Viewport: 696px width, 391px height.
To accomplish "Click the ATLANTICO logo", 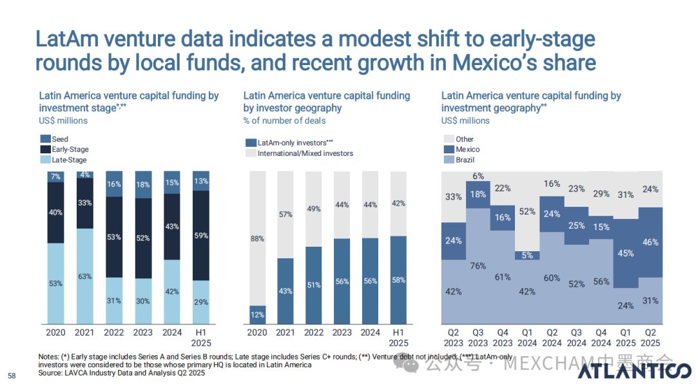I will click(x=634, y=373).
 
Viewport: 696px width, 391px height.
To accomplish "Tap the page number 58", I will click(x=11, y=376).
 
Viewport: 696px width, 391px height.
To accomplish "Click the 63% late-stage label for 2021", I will click(x=84, y=276).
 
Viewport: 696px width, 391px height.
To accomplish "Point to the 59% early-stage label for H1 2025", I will click(x=201, y=236).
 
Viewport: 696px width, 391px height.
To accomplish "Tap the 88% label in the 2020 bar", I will click(x=258, y=239).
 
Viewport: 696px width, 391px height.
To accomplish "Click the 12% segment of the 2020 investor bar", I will click(x=258, y=314).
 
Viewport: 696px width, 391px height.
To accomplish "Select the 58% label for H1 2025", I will click(x=399, y=280).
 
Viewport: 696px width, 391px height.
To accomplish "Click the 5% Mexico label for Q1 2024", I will click(x=528, y=255).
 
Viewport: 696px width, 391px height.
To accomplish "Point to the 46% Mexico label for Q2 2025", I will click(x=651, y=242).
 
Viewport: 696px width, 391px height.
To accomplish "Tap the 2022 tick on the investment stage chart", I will click(x=115, y=332).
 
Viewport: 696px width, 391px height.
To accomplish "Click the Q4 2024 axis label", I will click(x=601, y=338).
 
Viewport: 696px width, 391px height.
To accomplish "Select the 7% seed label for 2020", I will click(x=55, y=176).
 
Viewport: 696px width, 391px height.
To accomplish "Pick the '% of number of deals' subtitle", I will click(x=284, y=120).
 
